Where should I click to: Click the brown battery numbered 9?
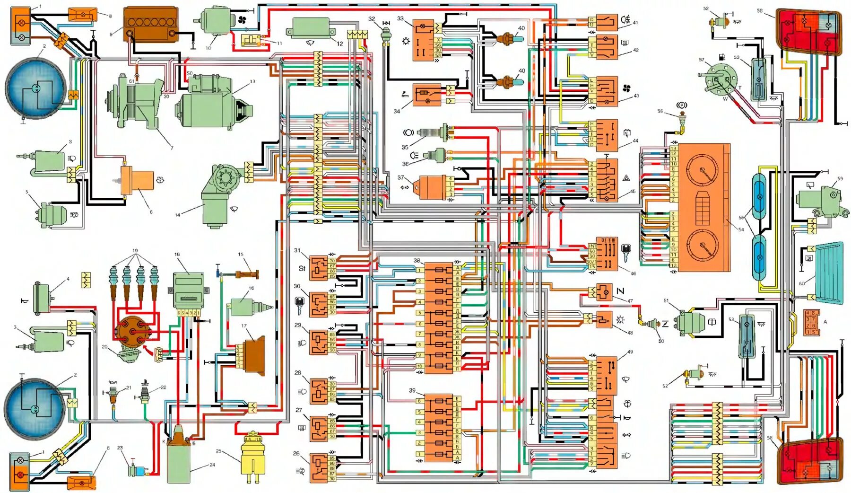(x=151, y=24)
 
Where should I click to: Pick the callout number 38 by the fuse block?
(x=417, y=261)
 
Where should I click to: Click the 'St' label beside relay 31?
(x=302, y=268)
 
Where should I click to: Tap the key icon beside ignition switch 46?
(x=626, y=252)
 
